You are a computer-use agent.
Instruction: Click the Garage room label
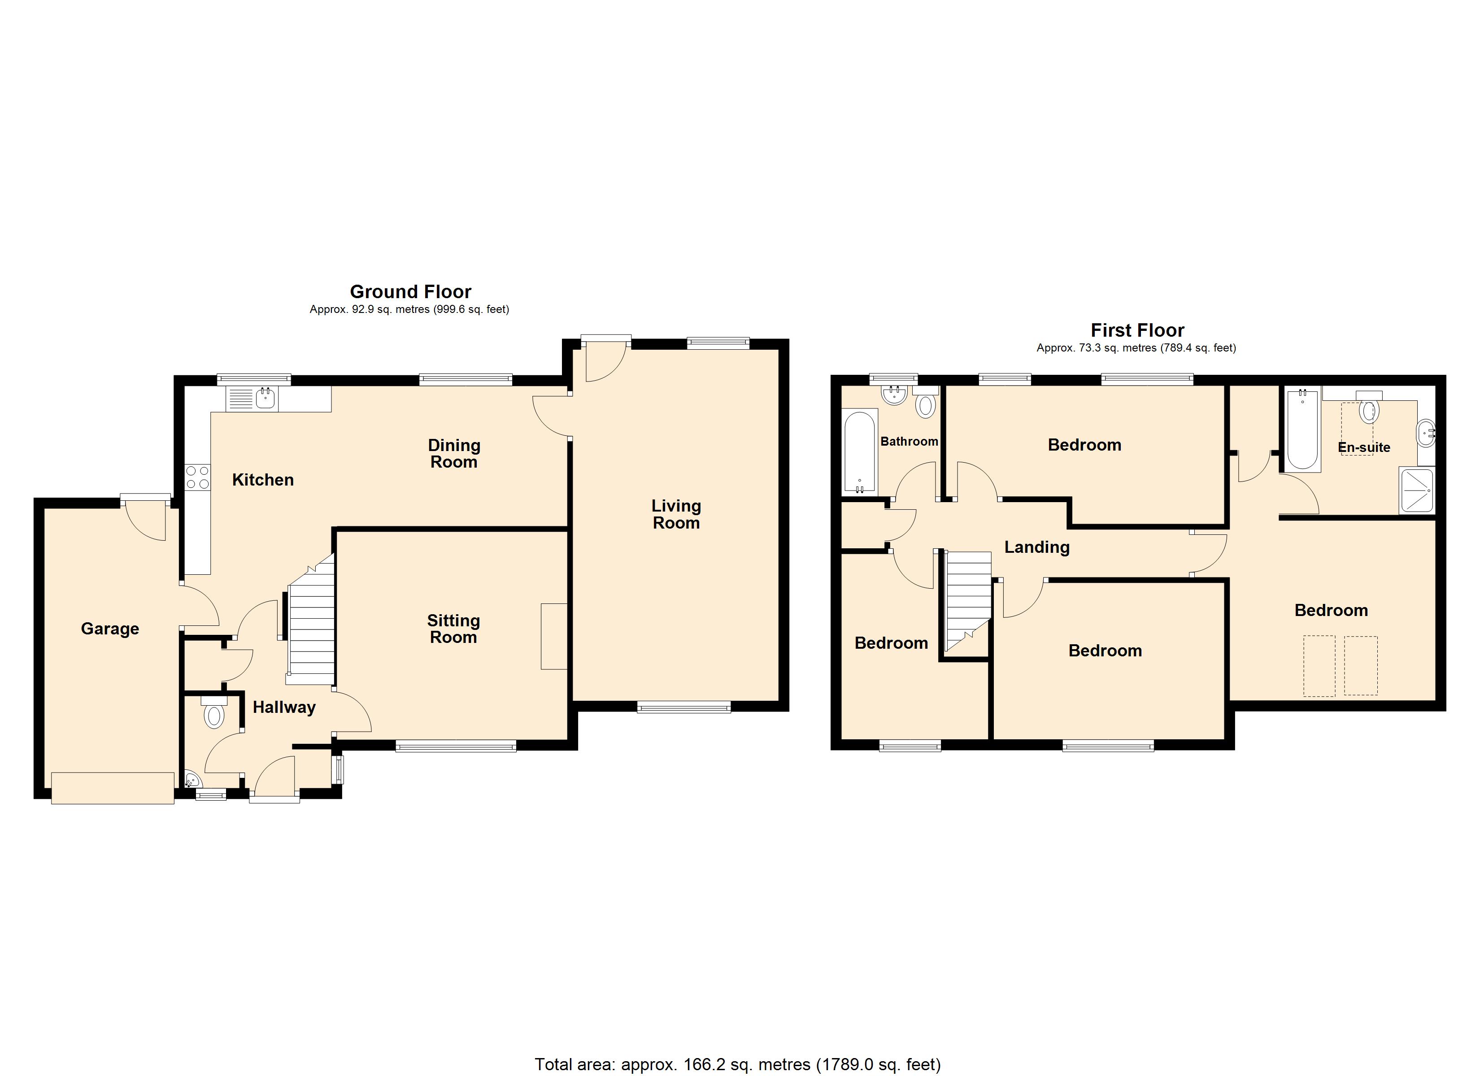(x=109, y=629)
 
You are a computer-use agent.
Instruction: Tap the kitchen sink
(x=252, y=398)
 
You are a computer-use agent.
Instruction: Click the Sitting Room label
(x=453, y=629)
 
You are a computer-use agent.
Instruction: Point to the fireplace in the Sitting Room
(x=554, y=636)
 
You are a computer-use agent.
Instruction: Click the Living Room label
(x=676, y=514)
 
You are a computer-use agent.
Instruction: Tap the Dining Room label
(x=454, y=454)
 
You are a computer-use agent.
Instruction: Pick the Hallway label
(x=284, y=707)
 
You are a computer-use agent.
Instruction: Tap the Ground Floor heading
(x=410, y=292)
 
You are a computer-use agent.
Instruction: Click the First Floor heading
(x=1137, y=330)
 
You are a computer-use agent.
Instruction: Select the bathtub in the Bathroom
(x=860, y=451)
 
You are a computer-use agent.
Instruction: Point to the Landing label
(x=1037, y=547)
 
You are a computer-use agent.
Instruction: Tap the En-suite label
(x=1364, y=447)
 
